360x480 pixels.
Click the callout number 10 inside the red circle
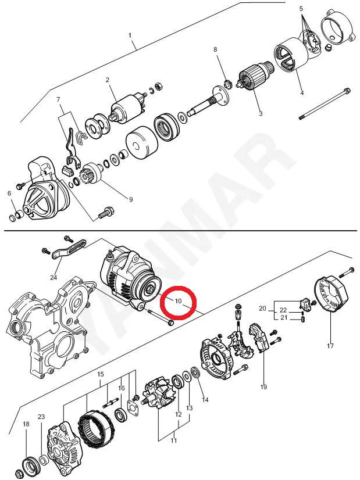pos(178,300)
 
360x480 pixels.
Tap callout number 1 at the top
pos(130,35)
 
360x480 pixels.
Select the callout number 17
pos(330,346)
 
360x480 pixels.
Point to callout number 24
pos(54,278)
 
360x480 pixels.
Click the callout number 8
pos(215,49)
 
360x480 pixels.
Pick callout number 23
pos(41,417)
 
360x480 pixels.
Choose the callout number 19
pos(263,387)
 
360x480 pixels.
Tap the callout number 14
pos(205,399)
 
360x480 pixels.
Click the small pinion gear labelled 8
pos(227,84)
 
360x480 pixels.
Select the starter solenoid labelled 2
pos(127,105)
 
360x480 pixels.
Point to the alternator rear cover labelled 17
pos(332,294)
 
